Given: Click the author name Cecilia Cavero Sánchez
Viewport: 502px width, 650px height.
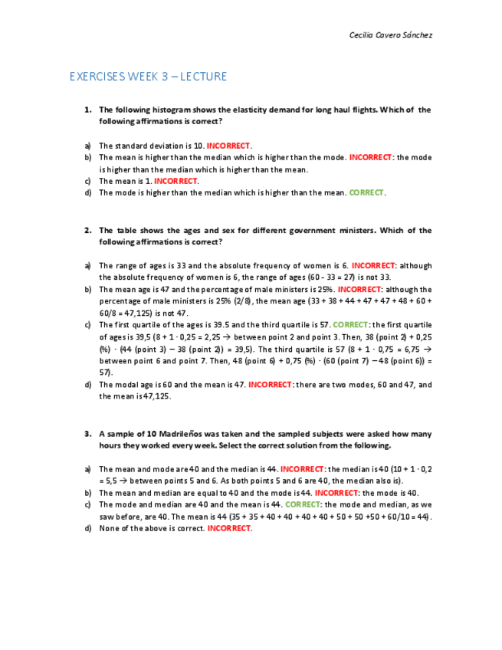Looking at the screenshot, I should (x=391, y=35).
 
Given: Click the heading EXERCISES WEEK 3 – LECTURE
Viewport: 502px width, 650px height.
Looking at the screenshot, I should (x=148, y=77).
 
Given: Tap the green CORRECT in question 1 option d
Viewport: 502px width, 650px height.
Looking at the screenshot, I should (x=366, y=193).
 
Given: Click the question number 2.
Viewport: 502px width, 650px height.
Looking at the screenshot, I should (x=88, y=231).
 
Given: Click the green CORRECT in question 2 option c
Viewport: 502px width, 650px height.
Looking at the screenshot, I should (x=351, y=325).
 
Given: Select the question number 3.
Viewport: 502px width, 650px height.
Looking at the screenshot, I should (x=88, y=434).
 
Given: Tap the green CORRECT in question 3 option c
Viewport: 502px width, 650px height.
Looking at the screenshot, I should (x=302, y=505).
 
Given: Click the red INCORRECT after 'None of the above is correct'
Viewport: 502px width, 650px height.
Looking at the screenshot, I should (x=228, y=529).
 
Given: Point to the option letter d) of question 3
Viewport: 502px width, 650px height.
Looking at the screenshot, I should (x=88, y=529).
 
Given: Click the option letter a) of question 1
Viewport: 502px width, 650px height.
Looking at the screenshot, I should (x=88, y=146).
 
